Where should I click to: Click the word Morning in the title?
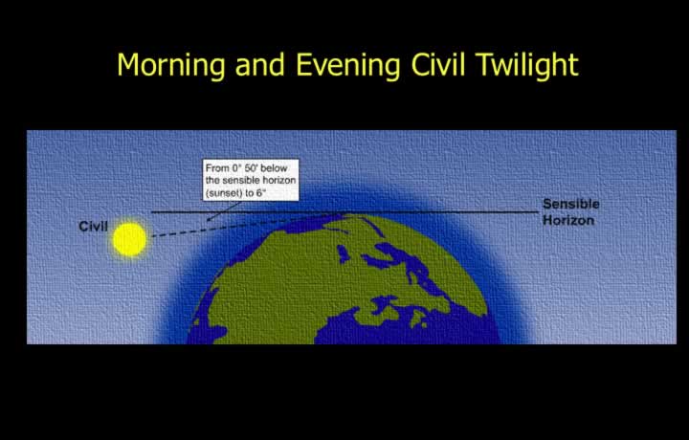point(171,66)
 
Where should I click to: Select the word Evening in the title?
point(348,66)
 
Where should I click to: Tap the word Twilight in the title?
point(527,66)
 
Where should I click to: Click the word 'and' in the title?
point(260,64)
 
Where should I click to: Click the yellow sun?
point(129,239)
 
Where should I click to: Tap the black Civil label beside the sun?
point(93,226)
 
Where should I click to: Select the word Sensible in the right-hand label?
point(570,204)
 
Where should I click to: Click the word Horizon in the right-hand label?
point(568,220)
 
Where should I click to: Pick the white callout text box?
point(251,180)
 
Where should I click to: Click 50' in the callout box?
point(251,168)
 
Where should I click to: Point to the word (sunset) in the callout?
point(222,193)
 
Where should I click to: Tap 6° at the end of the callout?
point(260,193)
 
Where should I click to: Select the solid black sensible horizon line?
point(344,212)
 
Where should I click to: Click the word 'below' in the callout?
point(274,168)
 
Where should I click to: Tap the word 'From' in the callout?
point(217,168)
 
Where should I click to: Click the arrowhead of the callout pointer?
point(210,219)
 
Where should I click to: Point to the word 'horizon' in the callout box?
point(278,181)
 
